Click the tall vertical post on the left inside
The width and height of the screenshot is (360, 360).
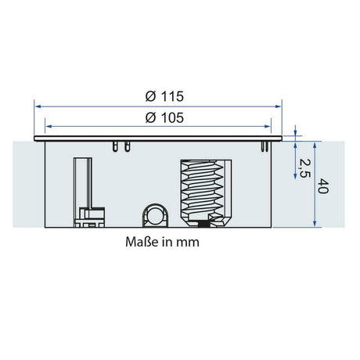(x=80, y=184)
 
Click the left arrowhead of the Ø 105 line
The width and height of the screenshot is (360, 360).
(x=49, y=125)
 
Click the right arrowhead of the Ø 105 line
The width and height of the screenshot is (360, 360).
(x=267, y=125)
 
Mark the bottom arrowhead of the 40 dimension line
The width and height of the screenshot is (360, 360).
(x=315, y=224)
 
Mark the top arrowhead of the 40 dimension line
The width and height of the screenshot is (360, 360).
(x=315, y=143)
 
